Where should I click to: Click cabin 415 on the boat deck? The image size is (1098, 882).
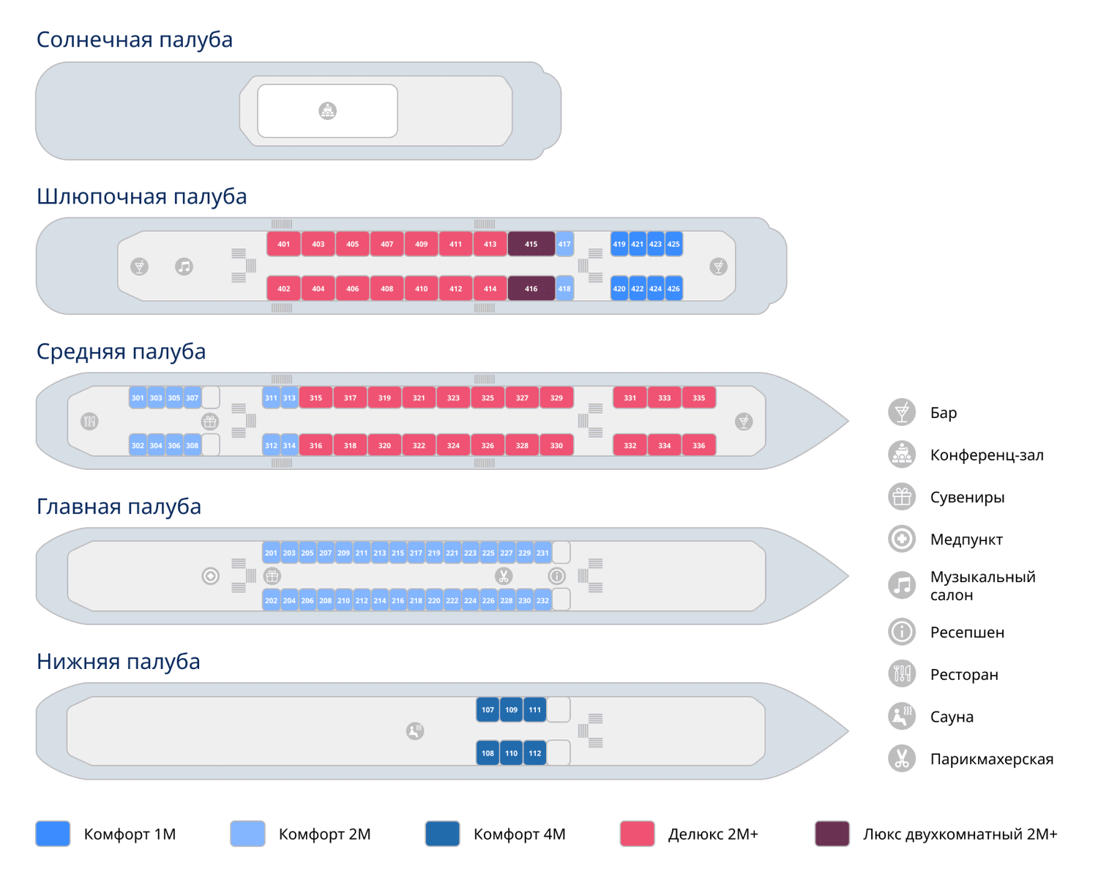(x=531, y=244)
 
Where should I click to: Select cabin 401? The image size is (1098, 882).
(x=283, y=244)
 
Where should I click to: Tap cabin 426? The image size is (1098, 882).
(x=673, y=288)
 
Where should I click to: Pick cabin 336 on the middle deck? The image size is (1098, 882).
(x=699, y=445)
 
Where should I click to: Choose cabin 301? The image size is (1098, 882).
(x=138, y=398)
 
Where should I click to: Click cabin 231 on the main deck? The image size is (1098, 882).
(x=542, y=553)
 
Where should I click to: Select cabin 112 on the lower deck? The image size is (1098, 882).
(x=535, y=753)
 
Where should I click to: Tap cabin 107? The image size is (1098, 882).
(x=488, y=709)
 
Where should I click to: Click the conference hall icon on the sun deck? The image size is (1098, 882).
(x=327, y=111)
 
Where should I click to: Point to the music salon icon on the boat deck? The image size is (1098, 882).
(x=184, y=266)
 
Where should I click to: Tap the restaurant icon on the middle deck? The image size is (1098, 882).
(x=89, y=422)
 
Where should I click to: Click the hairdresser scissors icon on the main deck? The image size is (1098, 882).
(x=504, y=576)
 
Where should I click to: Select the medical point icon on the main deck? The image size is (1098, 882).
(x=211, y=576)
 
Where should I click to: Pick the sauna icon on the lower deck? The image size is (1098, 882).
(x=415, y=730)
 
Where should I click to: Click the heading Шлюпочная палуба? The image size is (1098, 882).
(x=141, y=196)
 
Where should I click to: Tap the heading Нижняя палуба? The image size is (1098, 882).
(x=118, y=661)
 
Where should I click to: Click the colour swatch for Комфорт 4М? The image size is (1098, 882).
(x=442, y=834)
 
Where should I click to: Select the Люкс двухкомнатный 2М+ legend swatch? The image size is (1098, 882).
(x=832, y=834)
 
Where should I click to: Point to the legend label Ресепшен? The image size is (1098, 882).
(x=967, y=632)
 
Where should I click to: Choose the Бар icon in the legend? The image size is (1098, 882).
(x=902, y=412)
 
